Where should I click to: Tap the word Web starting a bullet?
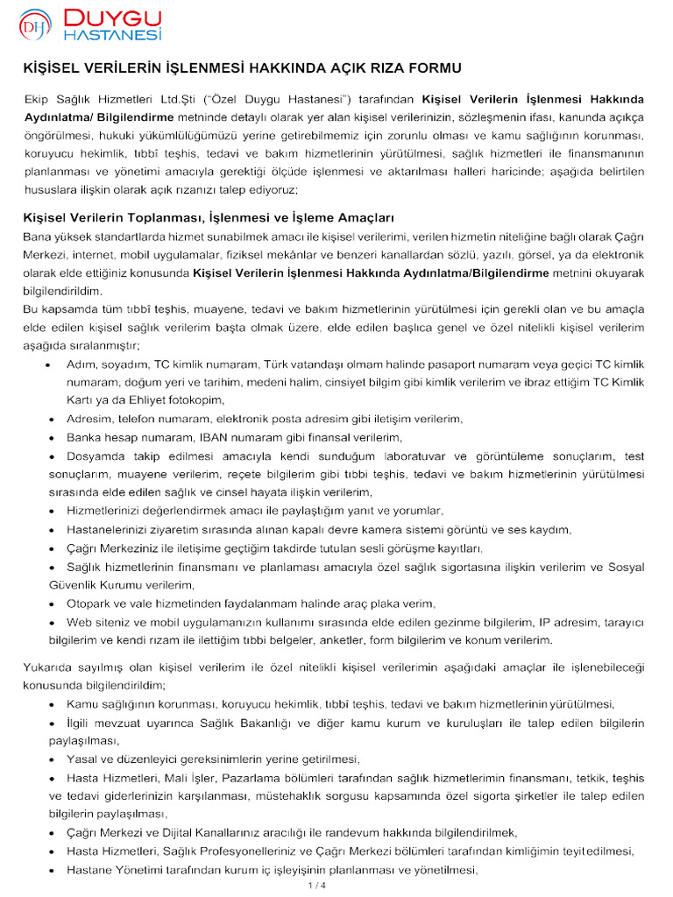[x=79, y=622]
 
